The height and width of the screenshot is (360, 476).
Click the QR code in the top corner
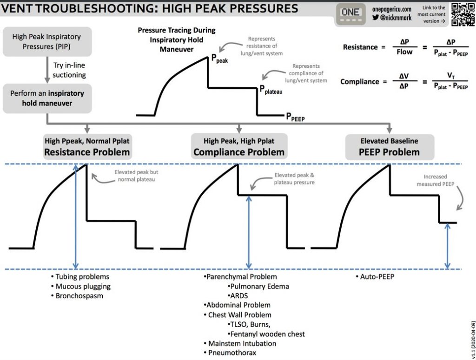(463, 14)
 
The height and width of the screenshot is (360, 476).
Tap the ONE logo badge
(350, 14)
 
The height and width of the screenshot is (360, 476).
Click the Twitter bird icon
(376, 18)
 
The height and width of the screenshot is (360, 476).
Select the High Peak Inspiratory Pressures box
(47, 41)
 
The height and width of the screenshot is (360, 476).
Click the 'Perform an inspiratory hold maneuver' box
(47, 98)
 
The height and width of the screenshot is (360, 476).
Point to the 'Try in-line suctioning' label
(69, 70)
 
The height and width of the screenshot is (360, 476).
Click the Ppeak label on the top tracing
(219, 59)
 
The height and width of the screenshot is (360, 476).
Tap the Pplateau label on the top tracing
(271, 90)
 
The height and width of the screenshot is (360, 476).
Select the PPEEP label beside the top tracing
(295, 117)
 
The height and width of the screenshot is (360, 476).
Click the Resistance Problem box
(87, 147)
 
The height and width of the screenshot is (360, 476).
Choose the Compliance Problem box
(239, 147)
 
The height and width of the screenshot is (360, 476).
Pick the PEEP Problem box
(390, 147)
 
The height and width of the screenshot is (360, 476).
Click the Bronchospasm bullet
(77, 296)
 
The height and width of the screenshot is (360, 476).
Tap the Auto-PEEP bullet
(375, 276)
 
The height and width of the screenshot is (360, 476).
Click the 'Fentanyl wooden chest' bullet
(266, 334)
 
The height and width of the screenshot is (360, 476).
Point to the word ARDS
(239, 296)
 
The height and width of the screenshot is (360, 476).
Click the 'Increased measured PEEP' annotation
(435, 180)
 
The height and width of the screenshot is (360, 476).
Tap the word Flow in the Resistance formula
(404, 52)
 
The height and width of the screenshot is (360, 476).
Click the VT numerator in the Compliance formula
(451, 76)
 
